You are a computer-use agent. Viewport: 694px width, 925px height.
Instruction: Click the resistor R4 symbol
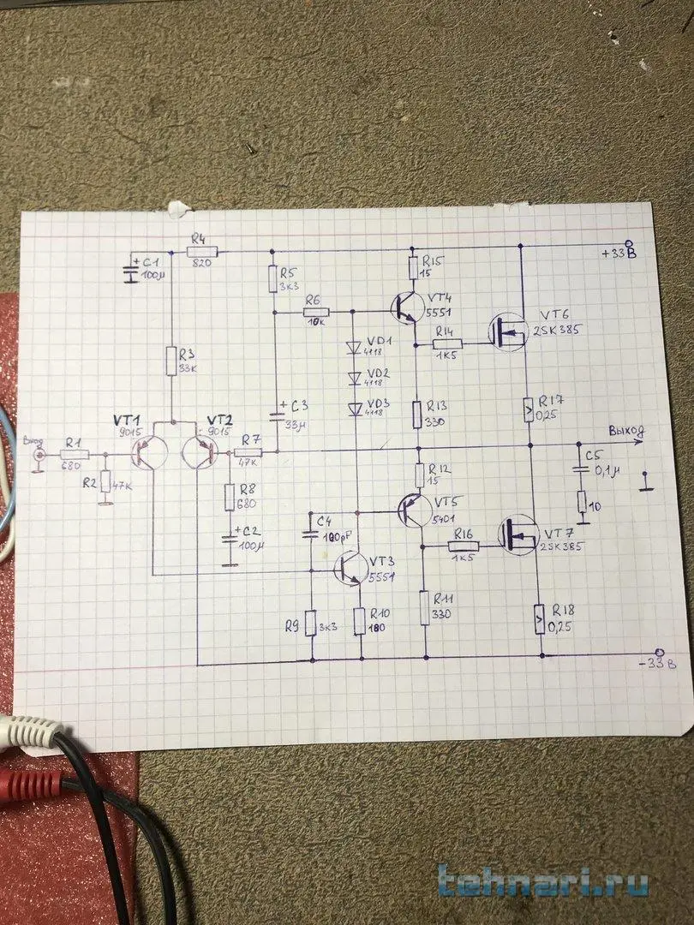[x=203, y=251]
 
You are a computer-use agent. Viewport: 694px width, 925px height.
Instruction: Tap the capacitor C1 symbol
[x=130, y=271]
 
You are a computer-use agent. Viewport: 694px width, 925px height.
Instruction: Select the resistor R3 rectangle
[x=171, y=361]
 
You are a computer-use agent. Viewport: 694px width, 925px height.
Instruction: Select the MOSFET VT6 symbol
[x=508, y=331]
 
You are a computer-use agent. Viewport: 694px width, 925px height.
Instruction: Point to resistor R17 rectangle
[x=529, y=410]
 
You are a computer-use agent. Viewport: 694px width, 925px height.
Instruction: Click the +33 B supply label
[x=619, y=253]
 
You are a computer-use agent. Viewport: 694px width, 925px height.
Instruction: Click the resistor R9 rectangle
[x=311, y=623]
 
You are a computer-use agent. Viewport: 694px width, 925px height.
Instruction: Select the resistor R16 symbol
[x=463, y=546]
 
